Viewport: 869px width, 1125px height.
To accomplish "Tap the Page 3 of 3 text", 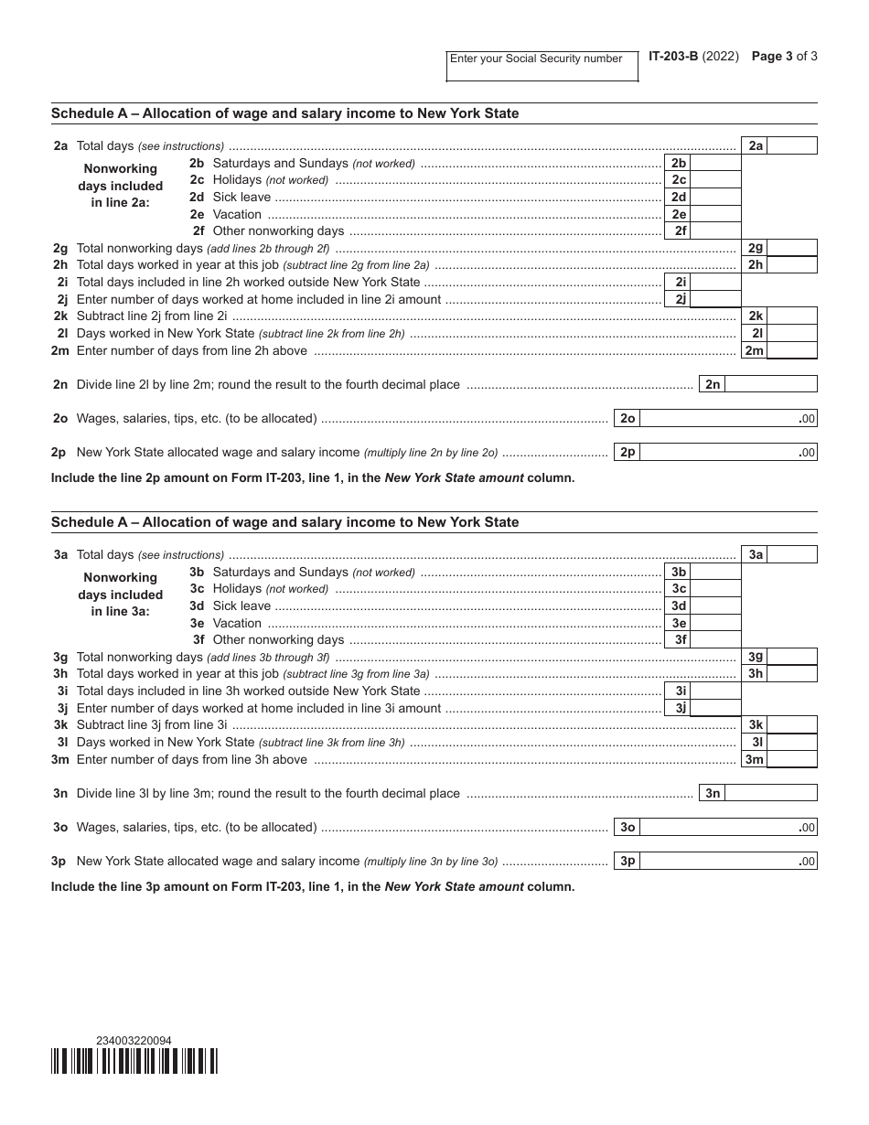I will [x=784, y=56].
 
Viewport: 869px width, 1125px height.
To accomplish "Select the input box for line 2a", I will [x=791, y=145].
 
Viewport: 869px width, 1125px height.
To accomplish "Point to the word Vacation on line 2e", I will [x=237, y=214].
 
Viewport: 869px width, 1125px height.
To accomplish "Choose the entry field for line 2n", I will [x=771, y=384].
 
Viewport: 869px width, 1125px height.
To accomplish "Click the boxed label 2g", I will [x=755, y=248].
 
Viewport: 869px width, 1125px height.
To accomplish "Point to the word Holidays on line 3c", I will [x=237, y=589].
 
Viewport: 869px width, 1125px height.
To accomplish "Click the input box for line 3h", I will [x=791, y=674].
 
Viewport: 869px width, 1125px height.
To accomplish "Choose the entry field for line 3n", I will [x=771, y=793].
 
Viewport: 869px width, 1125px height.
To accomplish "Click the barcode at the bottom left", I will [x=134, y=1061].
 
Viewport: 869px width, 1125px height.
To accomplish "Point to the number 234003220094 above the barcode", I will [x=134, y=1041].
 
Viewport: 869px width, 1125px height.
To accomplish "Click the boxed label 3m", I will [x=754, y=759].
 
